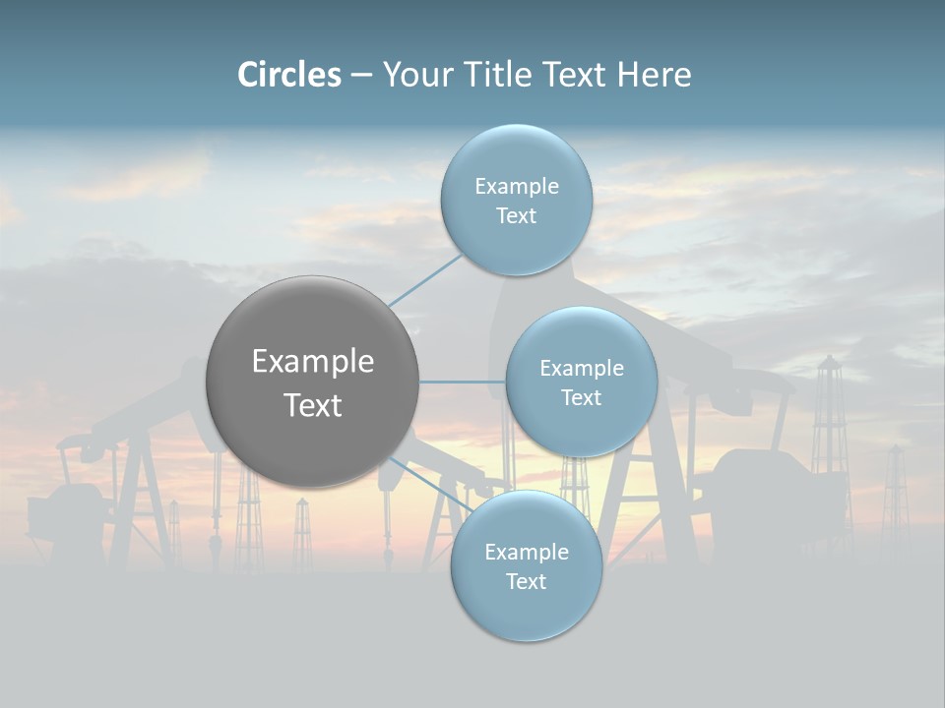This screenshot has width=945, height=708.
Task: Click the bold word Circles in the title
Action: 289,75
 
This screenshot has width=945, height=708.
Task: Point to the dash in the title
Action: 360,76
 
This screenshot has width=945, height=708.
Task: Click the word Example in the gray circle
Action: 313,362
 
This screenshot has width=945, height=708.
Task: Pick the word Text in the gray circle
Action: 313,405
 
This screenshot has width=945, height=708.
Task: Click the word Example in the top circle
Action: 517,187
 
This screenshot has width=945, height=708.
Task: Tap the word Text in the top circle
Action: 517,216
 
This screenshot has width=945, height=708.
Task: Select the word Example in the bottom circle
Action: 527,553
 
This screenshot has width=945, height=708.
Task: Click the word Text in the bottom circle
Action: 527,582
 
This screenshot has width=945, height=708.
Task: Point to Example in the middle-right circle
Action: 582,369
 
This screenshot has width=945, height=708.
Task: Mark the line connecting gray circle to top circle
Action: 425,279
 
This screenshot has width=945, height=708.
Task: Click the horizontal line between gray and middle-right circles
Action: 462,382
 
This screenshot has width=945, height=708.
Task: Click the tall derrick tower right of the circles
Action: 830,433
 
